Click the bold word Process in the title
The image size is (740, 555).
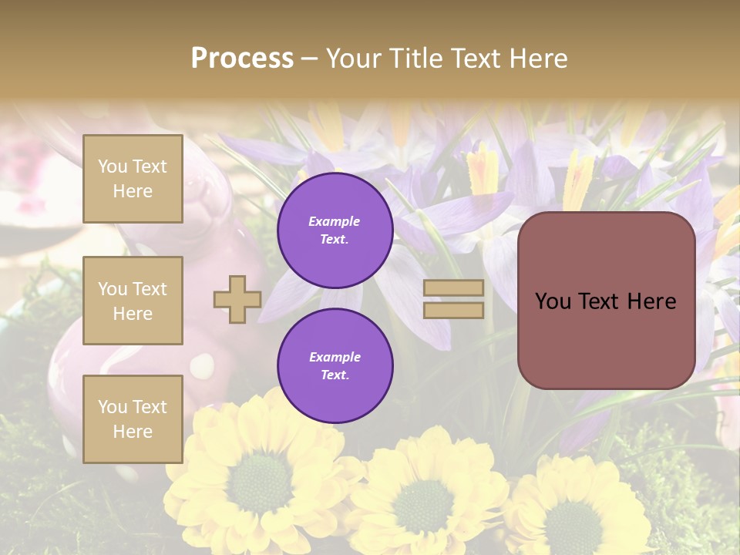[x=242, y=59]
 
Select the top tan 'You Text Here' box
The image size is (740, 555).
[x=133, y=179]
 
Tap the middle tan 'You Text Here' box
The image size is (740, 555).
[x=133, y=301]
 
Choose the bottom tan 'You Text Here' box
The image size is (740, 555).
[x=133, y=419]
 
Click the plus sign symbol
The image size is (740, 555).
[x=237, y=299]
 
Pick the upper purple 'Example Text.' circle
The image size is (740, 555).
[x=335, y=230]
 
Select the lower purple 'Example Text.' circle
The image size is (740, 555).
[x=335, y=366]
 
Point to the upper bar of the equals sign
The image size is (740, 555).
[x=453, y=288]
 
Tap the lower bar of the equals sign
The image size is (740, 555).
[x=453, y=310]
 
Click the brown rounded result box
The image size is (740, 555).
[x=606, y=301]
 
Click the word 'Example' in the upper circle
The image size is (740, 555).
[x=335, y=222]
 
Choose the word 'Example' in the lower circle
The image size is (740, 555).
[x=335, y=358]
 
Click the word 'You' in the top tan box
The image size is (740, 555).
[x=113, y=166]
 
